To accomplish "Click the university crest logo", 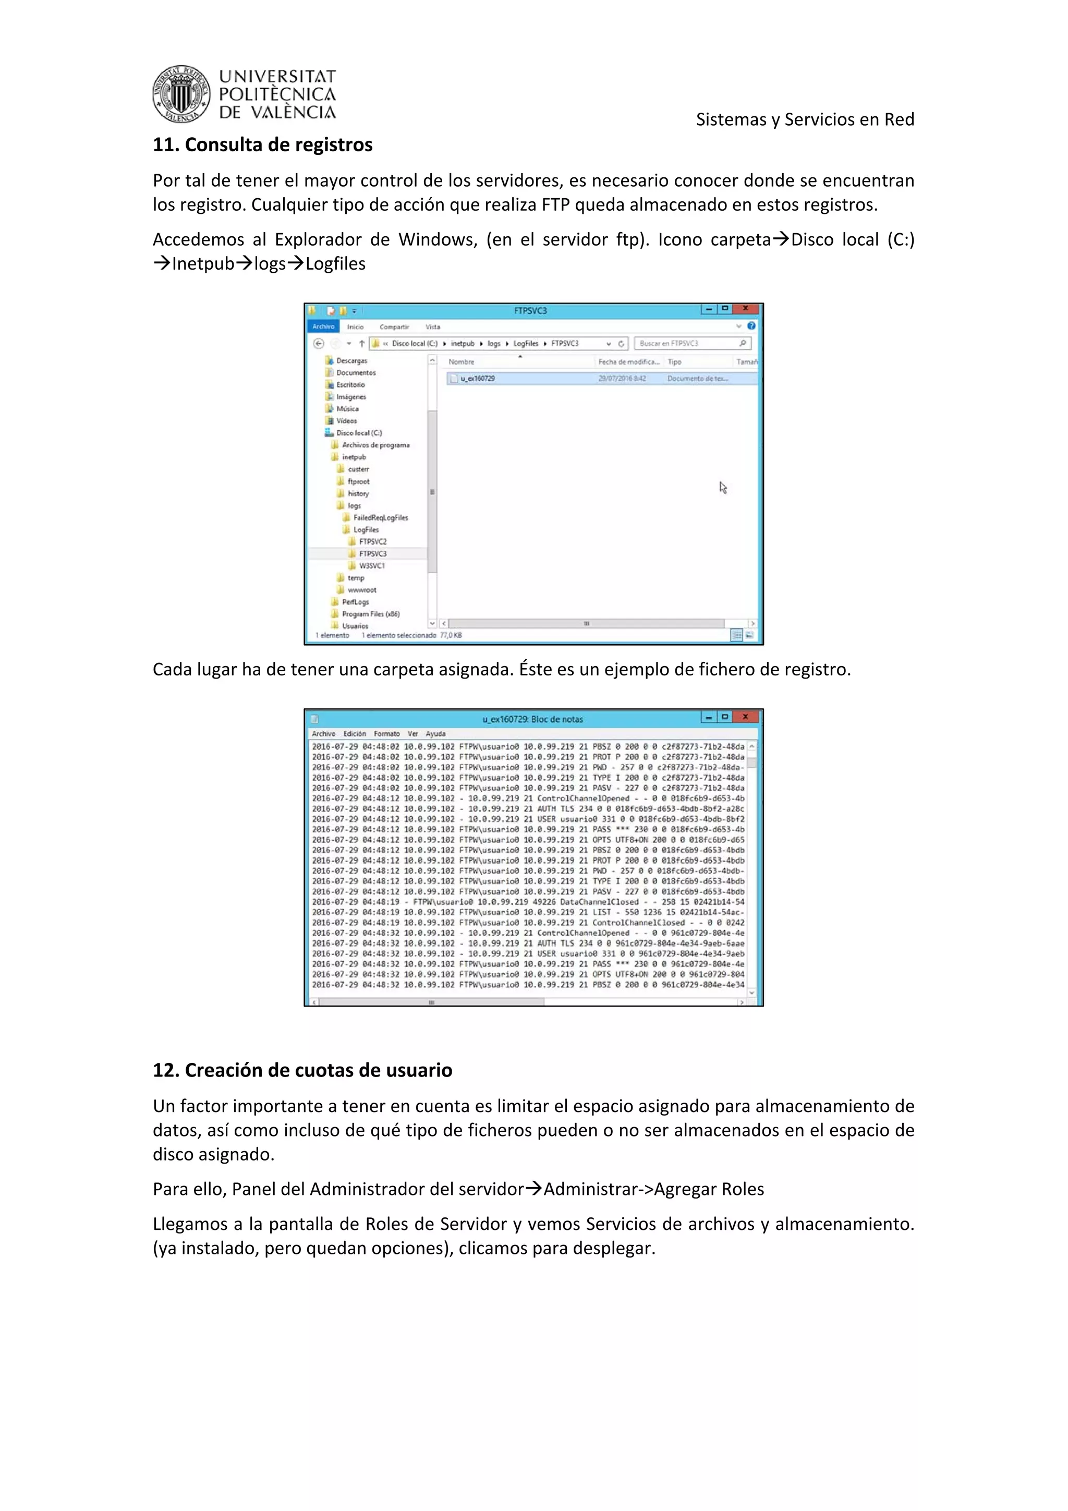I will (x=181, y=94).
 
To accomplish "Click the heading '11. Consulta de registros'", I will (x=262, y=145).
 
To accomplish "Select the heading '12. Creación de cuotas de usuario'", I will (x=302, y=1070).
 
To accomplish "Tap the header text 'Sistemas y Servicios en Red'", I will (x=804, y=120).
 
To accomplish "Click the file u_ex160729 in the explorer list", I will (x=478, y=379).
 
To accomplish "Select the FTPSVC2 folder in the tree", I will (x=372, y=541).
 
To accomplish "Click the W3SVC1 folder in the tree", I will (x=371, y=566).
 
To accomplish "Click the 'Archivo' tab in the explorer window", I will (x=323, y=327).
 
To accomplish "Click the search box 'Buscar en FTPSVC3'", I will (x=688, y=344).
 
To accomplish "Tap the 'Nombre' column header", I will (x=462, y=362).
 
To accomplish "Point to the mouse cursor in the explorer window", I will (x=723, y=488).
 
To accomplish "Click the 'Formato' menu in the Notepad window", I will (x=386, y=734).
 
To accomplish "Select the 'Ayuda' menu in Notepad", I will (x=435, y=734).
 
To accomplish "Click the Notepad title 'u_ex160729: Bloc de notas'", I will (x=532, y=719).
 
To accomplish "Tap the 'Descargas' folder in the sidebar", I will (x=351, y=360).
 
